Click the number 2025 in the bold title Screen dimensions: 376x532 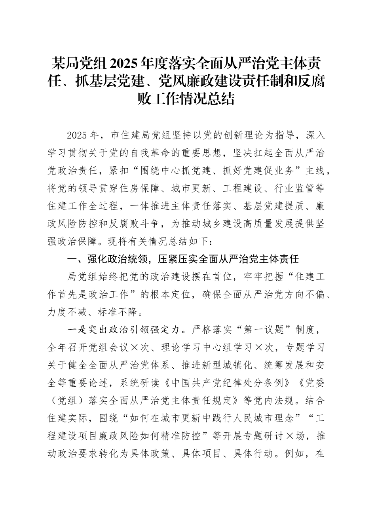pos(125,63)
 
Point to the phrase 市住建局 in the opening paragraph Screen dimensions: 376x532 pos(131,135)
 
